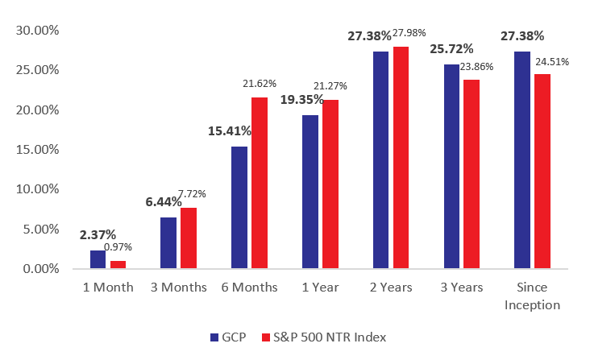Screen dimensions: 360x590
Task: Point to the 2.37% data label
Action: click(x=98, y=235)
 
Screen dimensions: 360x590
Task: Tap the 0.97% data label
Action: click(x=118, y=247)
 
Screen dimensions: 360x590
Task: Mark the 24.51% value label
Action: click(x=552, y=60)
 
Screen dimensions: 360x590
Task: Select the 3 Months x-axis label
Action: click(x=179, y=288)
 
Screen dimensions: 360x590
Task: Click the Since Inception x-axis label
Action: click(x=532, y=296)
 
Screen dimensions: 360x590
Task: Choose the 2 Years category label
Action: click(x=391, y=288)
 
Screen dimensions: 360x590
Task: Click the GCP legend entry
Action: click(x=226, y=337)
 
